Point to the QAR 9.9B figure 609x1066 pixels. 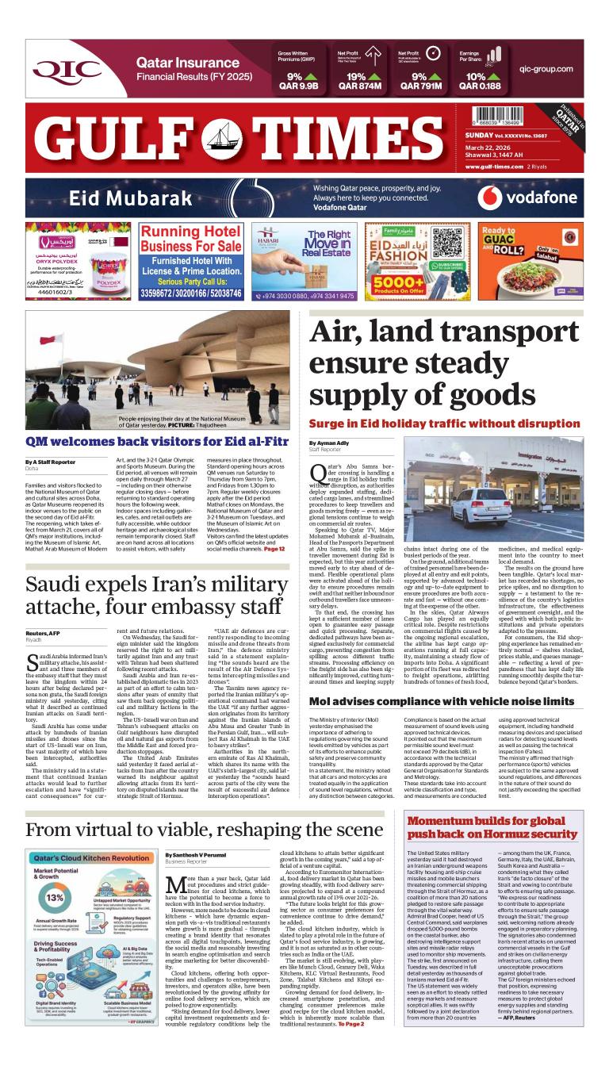tap(298, 86)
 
